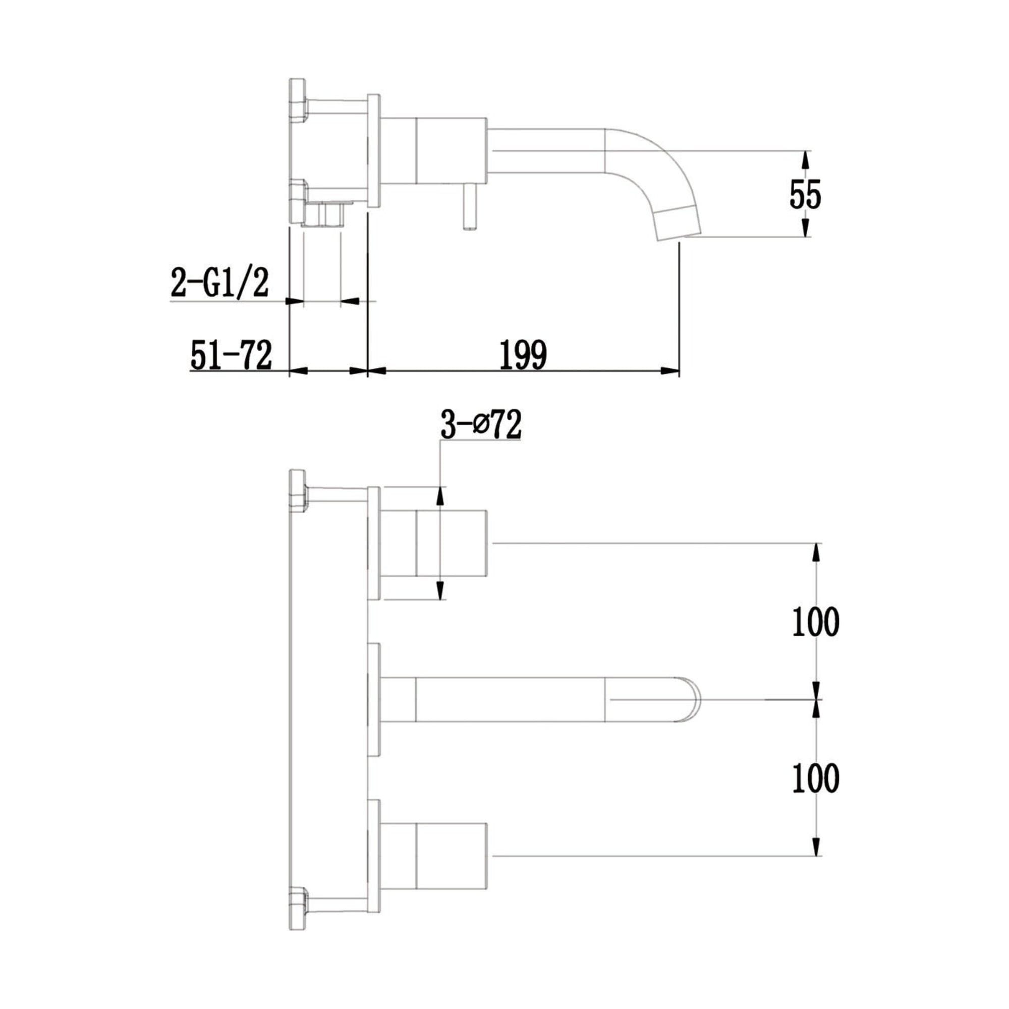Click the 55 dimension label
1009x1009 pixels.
[805, 194]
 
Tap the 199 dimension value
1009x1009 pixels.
[523, 355]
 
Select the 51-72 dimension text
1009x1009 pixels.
[232, 355]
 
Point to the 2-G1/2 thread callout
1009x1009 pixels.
[220, 283]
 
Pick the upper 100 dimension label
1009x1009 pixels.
[816, 622]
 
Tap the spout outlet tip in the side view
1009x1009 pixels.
[678, 223]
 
